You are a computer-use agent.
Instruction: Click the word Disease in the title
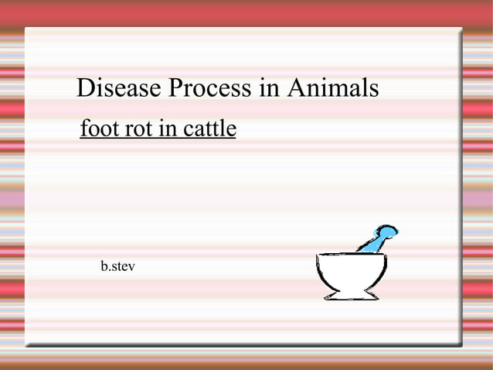[x=115, y=88]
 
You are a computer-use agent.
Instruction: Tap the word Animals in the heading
[x=333, y=88]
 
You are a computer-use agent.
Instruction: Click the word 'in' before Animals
[x=269, y=88]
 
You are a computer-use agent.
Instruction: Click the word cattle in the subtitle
[x=209, y=128]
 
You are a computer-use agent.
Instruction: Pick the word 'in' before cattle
[x=167, y=128]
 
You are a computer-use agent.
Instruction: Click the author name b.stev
[x=117, y=267]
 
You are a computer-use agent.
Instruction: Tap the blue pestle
[x=376, y=239]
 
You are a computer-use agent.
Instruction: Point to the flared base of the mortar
[x=351, y=295]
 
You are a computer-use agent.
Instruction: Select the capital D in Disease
[x=86, y=88]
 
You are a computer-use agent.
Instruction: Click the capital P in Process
[x=176, y=88]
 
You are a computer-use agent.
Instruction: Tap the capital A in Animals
[x=296, y=88]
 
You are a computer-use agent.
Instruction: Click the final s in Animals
[x=374, y=90]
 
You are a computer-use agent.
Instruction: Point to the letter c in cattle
[x=188, y=130]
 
